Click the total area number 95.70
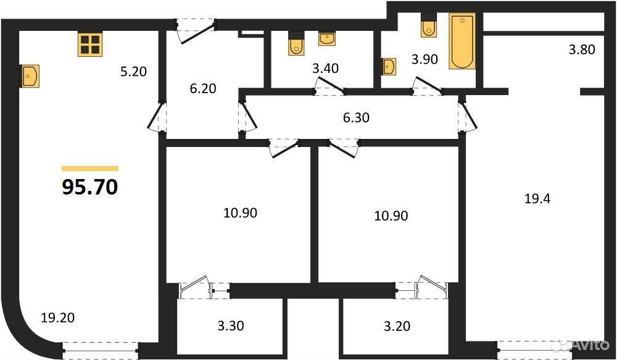pyautogui.click(x=90, y=187)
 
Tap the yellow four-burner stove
pyautogui.click(x=90, y=44)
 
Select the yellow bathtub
pyautogui.click(x=462, y=41)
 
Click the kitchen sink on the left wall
pyautogui.click(x=30, y=76)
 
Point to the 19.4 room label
pyautogui.click(x=537, y=199)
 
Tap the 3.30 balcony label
pyautogui.click(x=231, y=326)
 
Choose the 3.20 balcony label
pyautogui.click(x=397, y=326)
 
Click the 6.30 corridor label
pyautogui.click(x=356, y=117)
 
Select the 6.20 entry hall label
pyautogui.click(x=202, y=88)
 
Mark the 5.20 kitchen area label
pyautogui.click(x=133, y=71)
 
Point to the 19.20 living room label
pyautogui.click(x=58, y=317)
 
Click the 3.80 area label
pyautogui.click(x=582, y=49)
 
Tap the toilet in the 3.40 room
pyautogui.click(x=296, y=43)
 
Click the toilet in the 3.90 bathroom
pyautogui.click(x=429, y=25)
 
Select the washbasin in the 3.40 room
pyautogui.click(x=327, y=39)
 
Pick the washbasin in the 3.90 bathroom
pyautogui.click(x=389, y=66)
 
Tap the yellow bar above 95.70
pyautogui.click(x=90, y=169)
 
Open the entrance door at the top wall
pyautogui.click(x=196, y=30)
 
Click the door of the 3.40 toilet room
pyautogui.click(x=329, y=86)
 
